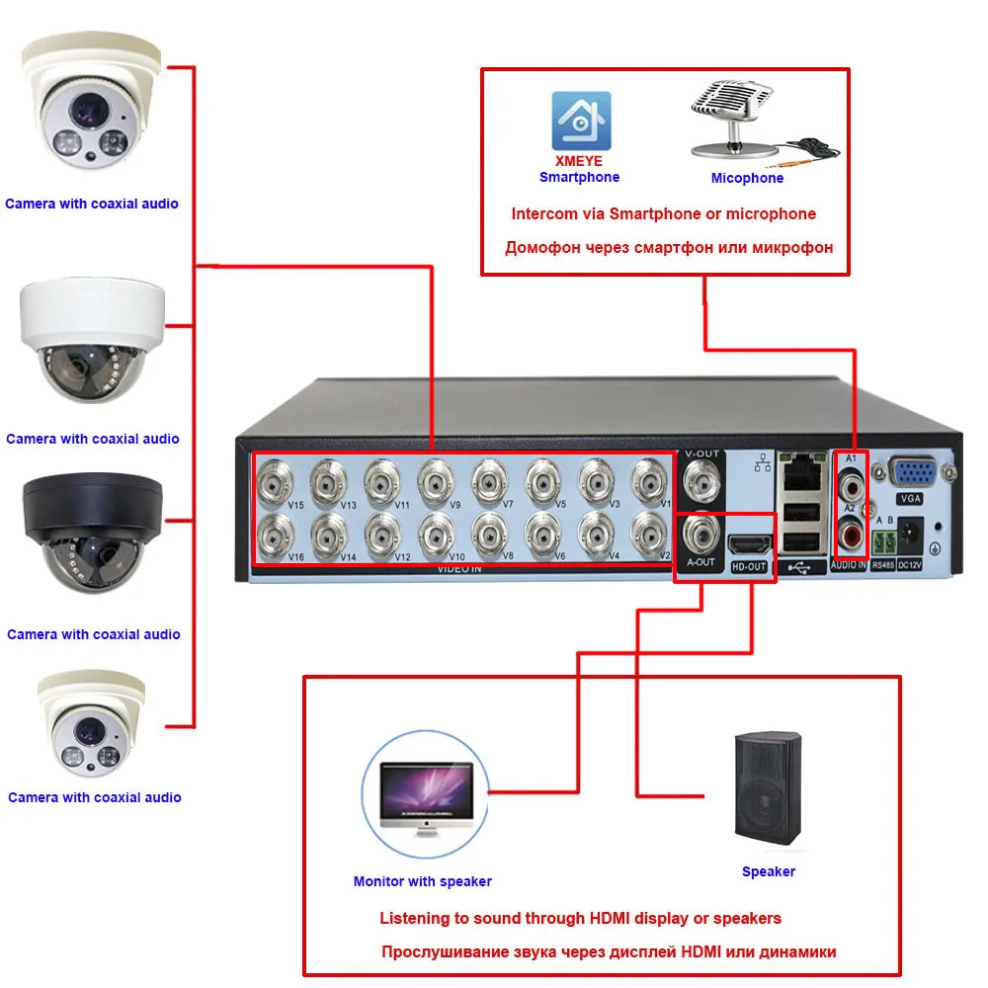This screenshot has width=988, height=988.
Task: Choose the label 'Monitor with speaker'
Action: pyautogui.click(x=422, y=881)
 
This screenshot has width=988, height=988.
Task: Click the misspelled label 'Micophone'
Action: pyautogui.click(x=747, y=179)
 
